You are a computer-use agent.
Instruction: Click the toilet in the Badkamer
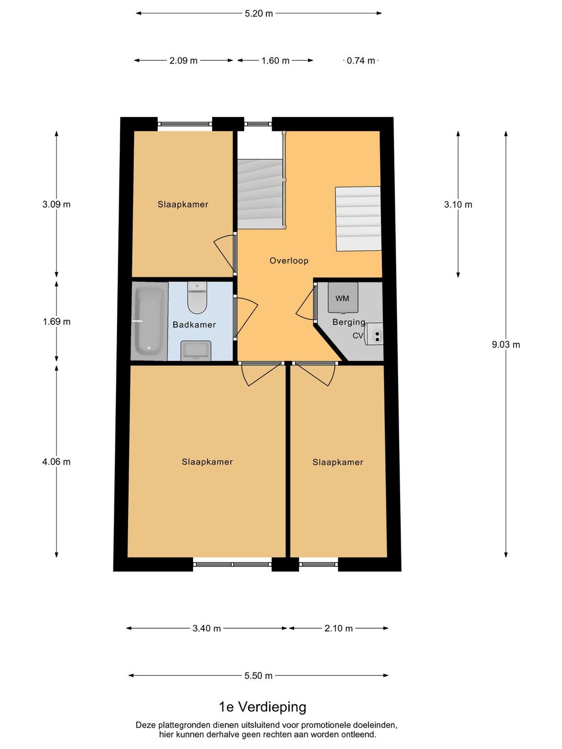point(198,298)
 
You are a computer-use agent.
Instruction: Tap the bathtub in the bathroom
point(149,321)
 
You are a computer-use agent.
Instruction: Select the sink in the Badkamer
point(196,351)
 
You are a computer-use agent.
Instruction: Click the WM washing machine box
point(343,298)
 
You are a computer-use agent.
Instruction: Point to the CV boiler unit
point(374,334)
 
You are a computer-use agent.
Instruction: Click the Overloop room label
point(289,261)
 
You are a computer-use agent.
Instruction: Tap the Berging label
point(349,322)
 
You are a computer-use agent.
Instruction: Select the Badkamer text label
point(194,325)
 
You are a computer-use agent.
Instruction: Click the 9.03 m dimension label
point(506,345)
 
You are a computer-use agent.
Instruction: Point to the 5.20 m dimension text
point(259,14)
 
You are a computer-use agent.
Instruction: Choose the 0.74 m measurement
point(361,61)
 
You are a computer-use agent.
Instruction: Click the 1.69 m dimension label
point(57,321)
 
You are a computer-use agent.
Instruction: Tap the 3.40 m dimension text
point(207,628)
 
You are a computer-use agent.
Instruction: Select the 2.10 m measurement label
point(338,628)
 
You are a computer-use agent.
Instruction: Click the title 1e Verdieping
point(262,706)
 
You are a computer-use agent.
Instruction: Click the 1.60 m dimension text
point(275,61)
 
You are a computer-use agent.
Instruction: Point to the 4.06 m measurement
point(56,462)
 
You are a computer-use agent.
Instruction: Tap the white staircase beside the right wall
point(358,218)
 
